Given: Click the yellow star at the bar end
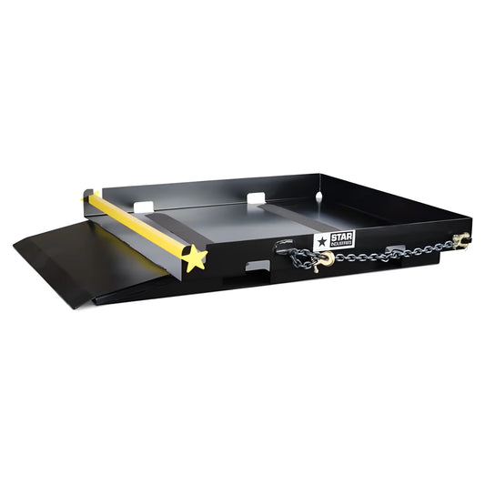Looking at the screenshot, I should pyautogui.click(x=193, y=258).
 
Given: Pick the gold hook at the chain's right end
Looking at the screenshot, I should pyautogui.click(x=461, y=240).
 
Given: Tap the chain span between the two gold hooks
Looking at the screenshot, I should pyautogui.click(x=391, y=252).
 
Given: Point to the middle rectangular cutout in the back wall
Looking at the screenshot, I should pyautogui.click(x=256, y=197).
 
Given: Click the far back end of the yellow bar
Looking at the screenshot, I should pyautogui.click(x=88, y=195).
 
